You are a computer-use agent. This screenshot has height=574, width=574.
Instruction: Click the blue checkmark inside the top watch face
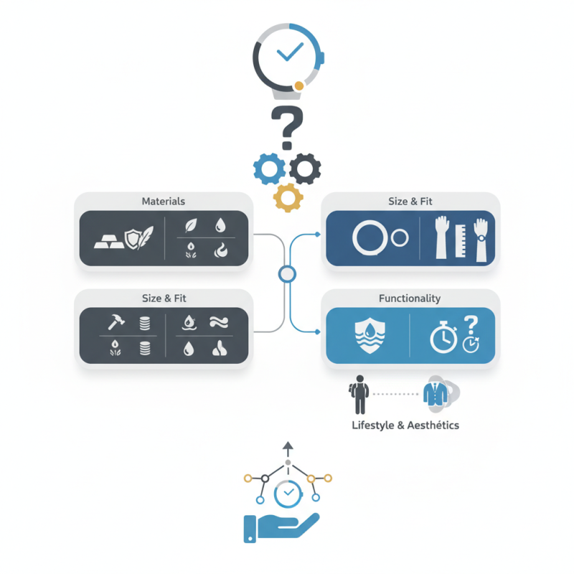290,52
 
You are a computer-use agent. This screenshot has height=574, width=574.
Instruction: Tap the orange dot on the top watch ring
299,85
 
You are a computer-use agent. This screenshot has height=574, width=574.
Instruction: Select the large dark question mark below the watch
288,128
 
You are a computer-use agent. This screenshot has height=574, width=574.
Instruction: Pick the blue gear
270,169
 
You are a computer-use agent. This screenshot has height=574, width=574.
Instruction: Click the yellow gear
288,198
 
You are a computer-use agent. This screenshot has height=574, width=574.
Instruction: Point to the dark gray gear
305,169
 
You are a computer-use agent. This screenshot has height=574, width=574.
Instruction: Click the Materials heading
164,202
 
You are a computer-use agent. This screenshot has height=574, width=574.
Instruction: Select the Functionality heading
410,298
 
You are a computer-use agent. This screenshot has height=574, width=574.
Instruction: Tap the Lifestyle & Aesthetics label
405,425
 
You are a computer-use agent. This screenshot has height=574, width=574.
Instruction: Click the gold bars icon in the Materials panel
109,242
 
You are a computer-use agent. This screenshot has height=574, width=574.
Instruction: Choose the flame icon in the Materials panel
221,250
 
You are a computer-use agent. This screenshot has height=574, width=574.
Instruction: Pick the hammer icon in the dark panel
116,321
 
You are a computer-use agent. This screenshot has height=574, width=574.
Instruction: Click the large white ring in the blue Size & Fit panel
370,237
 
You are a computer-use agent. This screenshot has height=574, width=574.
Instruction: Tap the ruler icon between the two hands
461,240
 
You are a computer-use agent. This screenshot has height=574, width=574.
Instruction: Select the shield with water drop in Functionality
370,335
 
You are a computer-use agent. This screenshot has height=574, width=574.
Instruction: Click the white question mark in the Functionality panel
471,326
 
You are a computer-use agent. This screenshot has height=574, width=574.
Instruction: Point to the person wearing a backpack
359,394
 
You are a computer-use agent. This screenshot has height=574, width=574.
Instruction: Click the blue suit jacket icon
436,394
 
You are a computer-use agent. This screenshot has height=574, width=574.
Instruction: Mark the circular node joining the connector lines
287,274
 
